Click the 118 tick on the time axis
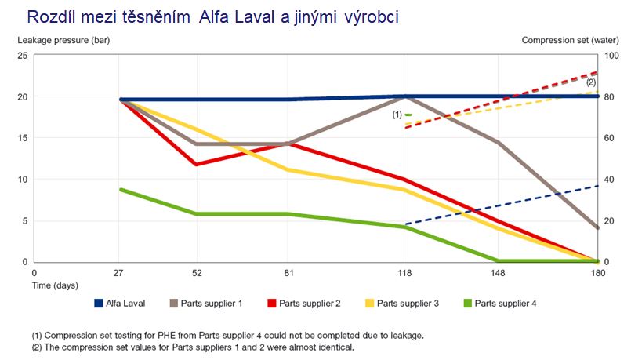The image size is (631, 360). (x=404, y=272)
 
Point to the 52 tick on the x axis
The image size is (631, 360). (x=198, y=272)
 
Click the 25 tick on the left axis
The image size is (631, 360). (x=23, y=56)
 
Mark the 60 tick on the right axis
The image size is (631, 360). (x=608, y=138)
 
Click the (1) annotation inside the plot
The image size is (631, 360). (x=397, y=115)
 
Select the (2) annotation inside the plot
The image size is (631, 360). (x=591, y=82)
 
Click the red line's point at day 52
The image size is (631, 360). (x=198, y=164)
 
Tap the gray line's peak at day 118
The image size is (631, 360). (x=404, y=96)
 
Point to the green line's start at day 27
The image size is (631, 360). (x=121, y=190)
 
